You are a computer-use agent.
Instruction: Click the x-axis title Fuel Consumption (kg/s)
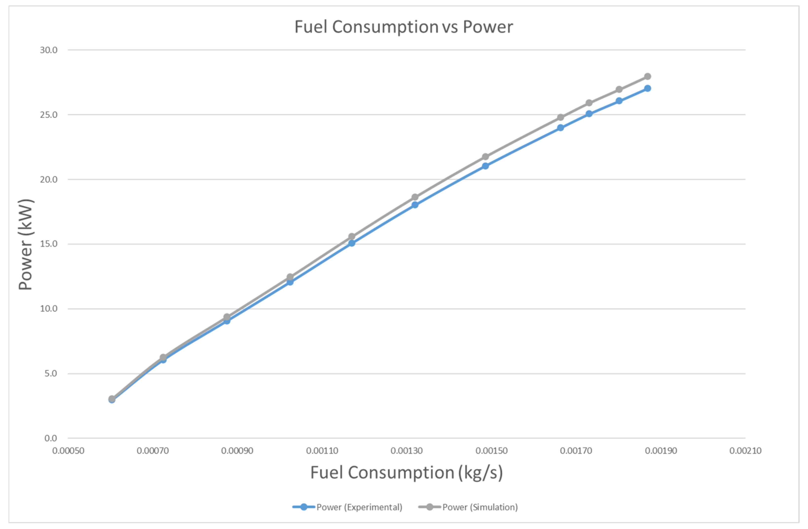(x=406, y=473)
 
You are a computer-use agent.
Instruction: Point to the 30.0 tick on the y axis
(x=49, y=50)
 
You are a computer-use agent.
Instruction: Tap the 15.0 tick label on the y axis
(x=49, y=244)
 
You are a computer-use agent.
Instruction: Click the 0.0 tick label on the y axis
(x=51, y=438)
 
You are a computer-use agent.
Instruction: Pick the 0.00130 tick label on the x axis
(x=406, y=451)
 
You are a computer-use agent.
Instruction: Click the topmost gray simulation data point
(x=647, y=76)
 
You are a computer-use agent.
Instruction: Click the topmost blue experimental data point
(x=647, y=88)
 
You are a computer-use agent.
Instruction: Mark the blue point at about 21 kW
(x=485, y=166)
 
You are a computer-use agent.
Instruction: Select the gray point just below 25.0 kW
(x=561, y=117)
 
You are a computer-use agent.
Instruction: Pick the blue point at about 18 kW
(x=415, y=205)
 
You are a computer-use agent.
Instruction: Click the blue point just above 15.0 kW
(x=352, y=243)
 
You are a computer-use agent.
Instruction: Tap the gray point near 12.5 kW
(x=290, y=277)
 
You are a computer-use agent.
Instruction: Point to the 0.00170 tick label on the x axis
(x=576, y=451)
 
